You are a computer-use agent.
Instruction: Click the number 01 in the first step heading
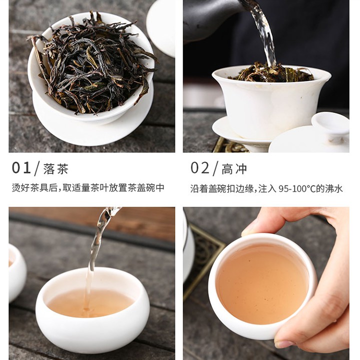coord(21,167)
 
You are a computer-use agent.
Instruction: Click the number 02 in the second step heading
coord(199,167)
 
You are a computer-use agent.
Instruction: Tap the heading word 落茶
coord(56,169)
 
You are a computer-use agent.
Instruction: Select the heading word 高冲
coord(234,169)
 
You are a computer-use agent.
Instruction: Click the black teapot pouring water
coord(211,18)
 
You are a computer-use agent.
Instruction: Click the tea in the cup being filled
coord(90,303)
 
